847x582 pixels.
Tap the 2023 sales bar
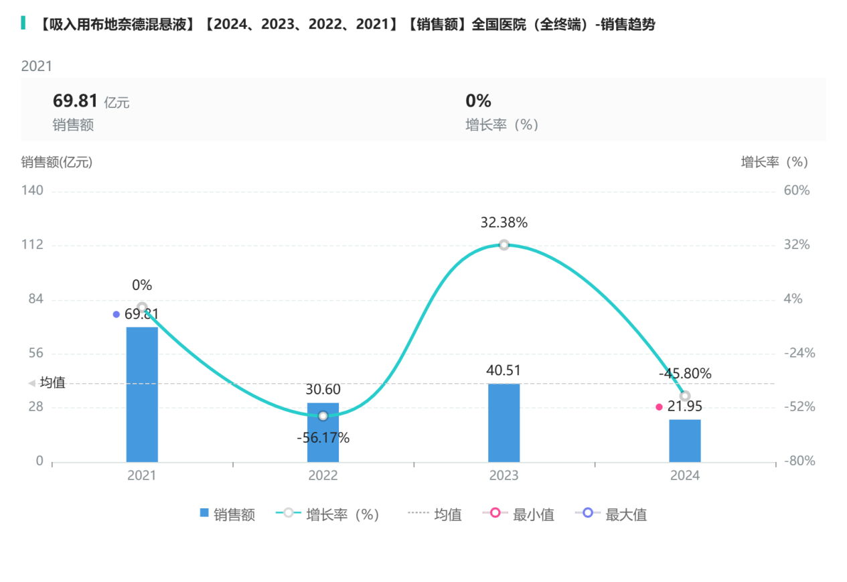pos(504,423)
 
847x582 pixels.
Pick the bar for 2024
pos(684,441)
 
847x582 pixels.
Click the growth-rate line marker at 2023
pos(504,245)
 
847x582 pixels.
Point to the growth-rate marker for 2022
pos(323,416)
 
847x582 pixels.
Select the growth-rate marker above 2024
pos(684,396)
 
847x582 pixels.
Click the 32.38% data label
pos(504,223)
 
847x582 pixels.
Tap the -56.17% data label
pos(323,438)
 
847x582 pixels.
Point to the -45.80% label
pos(684,374)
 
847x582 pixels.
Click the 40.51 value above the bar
pos(504,371)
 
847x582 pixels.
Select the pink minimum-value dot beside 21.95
pos(659,407)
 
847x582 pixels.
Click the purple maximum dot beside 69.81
pos(117,314)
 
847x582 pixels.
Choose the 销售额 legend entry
pos(228,514)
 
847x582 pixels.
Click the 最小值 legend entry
pos(518,514)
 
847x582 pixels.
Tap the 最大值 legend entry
pos(611,514)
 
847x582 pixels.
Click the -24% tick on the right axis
pos(799,353)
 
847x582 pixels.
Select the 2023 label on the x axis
pos(504,476)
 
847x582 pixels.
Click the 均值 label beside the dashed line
pos(52,383)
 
